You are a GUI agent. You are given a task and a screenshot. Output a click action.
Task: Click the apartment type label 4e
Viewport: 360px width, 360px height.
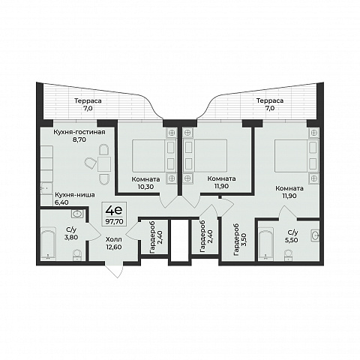[x=114, y=211]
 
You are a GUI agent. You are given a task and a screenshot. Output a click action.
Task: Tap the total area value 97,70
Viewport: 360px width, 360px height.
[x=114, y=221]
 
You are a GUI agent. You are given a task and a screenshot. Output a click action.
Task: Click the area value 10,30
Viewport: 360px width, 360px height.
[x=145, y=187]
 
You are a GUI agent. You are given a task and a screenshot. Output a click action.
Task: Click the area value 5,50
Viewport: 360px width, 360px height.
[x=292, y=240]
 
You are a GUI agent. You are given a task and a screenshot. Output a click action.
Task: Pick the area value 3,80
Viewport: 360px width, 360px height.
[x=71, y=237]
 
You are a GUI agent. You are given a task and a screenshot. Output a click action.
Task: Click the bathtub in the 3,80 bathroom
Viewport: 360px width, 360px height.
[x=48, y=242]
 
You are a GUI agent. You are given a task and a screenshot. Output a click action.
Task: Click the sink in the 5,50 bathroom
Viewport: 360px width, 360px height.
[x=315, y=235]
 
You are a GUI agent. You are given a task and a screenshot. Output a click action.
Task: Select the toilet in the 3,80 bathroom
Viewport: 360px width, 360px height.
[x=77, y=255]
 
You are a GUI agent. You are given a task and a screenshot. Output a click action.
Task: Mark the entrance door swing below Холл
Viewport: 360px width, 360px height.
[x=114, y=271]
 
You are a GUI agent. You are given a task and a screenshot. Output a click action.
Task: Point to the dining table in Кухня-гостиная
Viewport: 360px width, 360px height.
[x=104, y=164]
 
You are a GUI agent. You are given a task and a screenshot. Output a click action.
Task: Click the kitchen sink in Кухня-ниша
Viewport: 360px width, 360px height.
[x=46, y=188]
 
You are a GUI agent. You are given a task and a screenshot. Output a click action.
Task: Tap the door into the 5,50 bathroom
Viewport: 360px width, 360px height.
[x=287, y=213]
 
